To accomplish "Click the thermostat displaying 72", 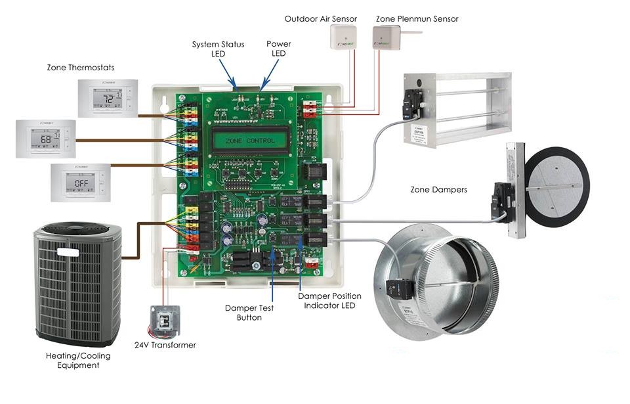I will tap(108, 98).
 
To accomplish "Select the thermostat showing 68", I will tap(45, 139).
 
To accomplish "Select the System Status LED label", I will tap(218, 49).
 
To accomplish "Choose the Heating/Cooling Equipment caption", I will tap(77, 360).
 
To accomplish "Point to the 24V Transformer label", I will tap(165, 345).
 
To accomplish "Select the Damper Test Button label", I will tap(249, 313).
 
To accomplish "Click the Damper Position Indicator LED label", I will tap(329, 301).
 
